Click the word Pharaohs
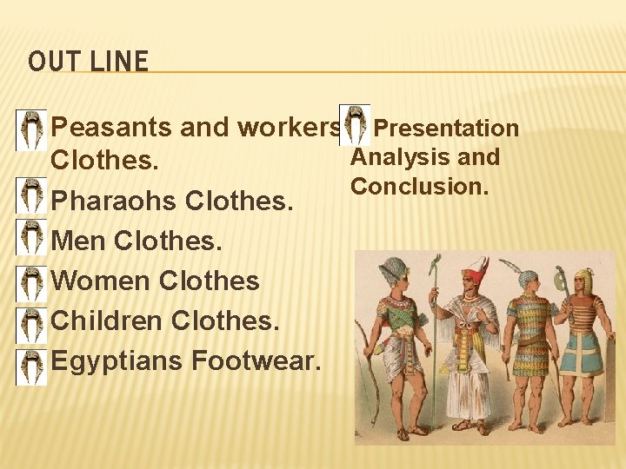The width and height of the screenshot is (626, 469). point(115,201)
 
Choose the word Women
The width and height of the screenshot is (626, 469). point(102,281)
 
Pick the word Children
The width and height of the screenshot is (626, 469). point(109,320)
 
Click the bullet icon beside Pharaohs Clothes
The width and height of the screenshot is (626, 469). point(32,197)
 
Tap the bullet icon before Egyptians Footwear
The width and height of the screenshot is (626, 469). point(32,367)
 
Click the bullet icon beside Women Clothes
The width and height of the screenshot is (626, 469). point(32,283)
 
